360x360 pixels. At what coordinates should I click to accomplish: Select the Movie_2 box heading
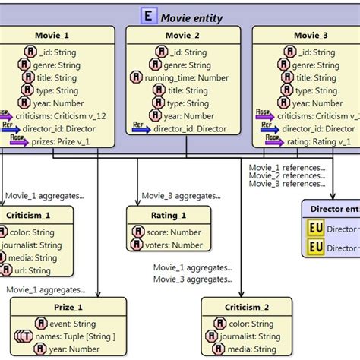pos(183,36)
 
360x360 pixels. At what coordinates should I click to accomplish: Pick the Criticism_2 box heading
pos(247,307)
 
